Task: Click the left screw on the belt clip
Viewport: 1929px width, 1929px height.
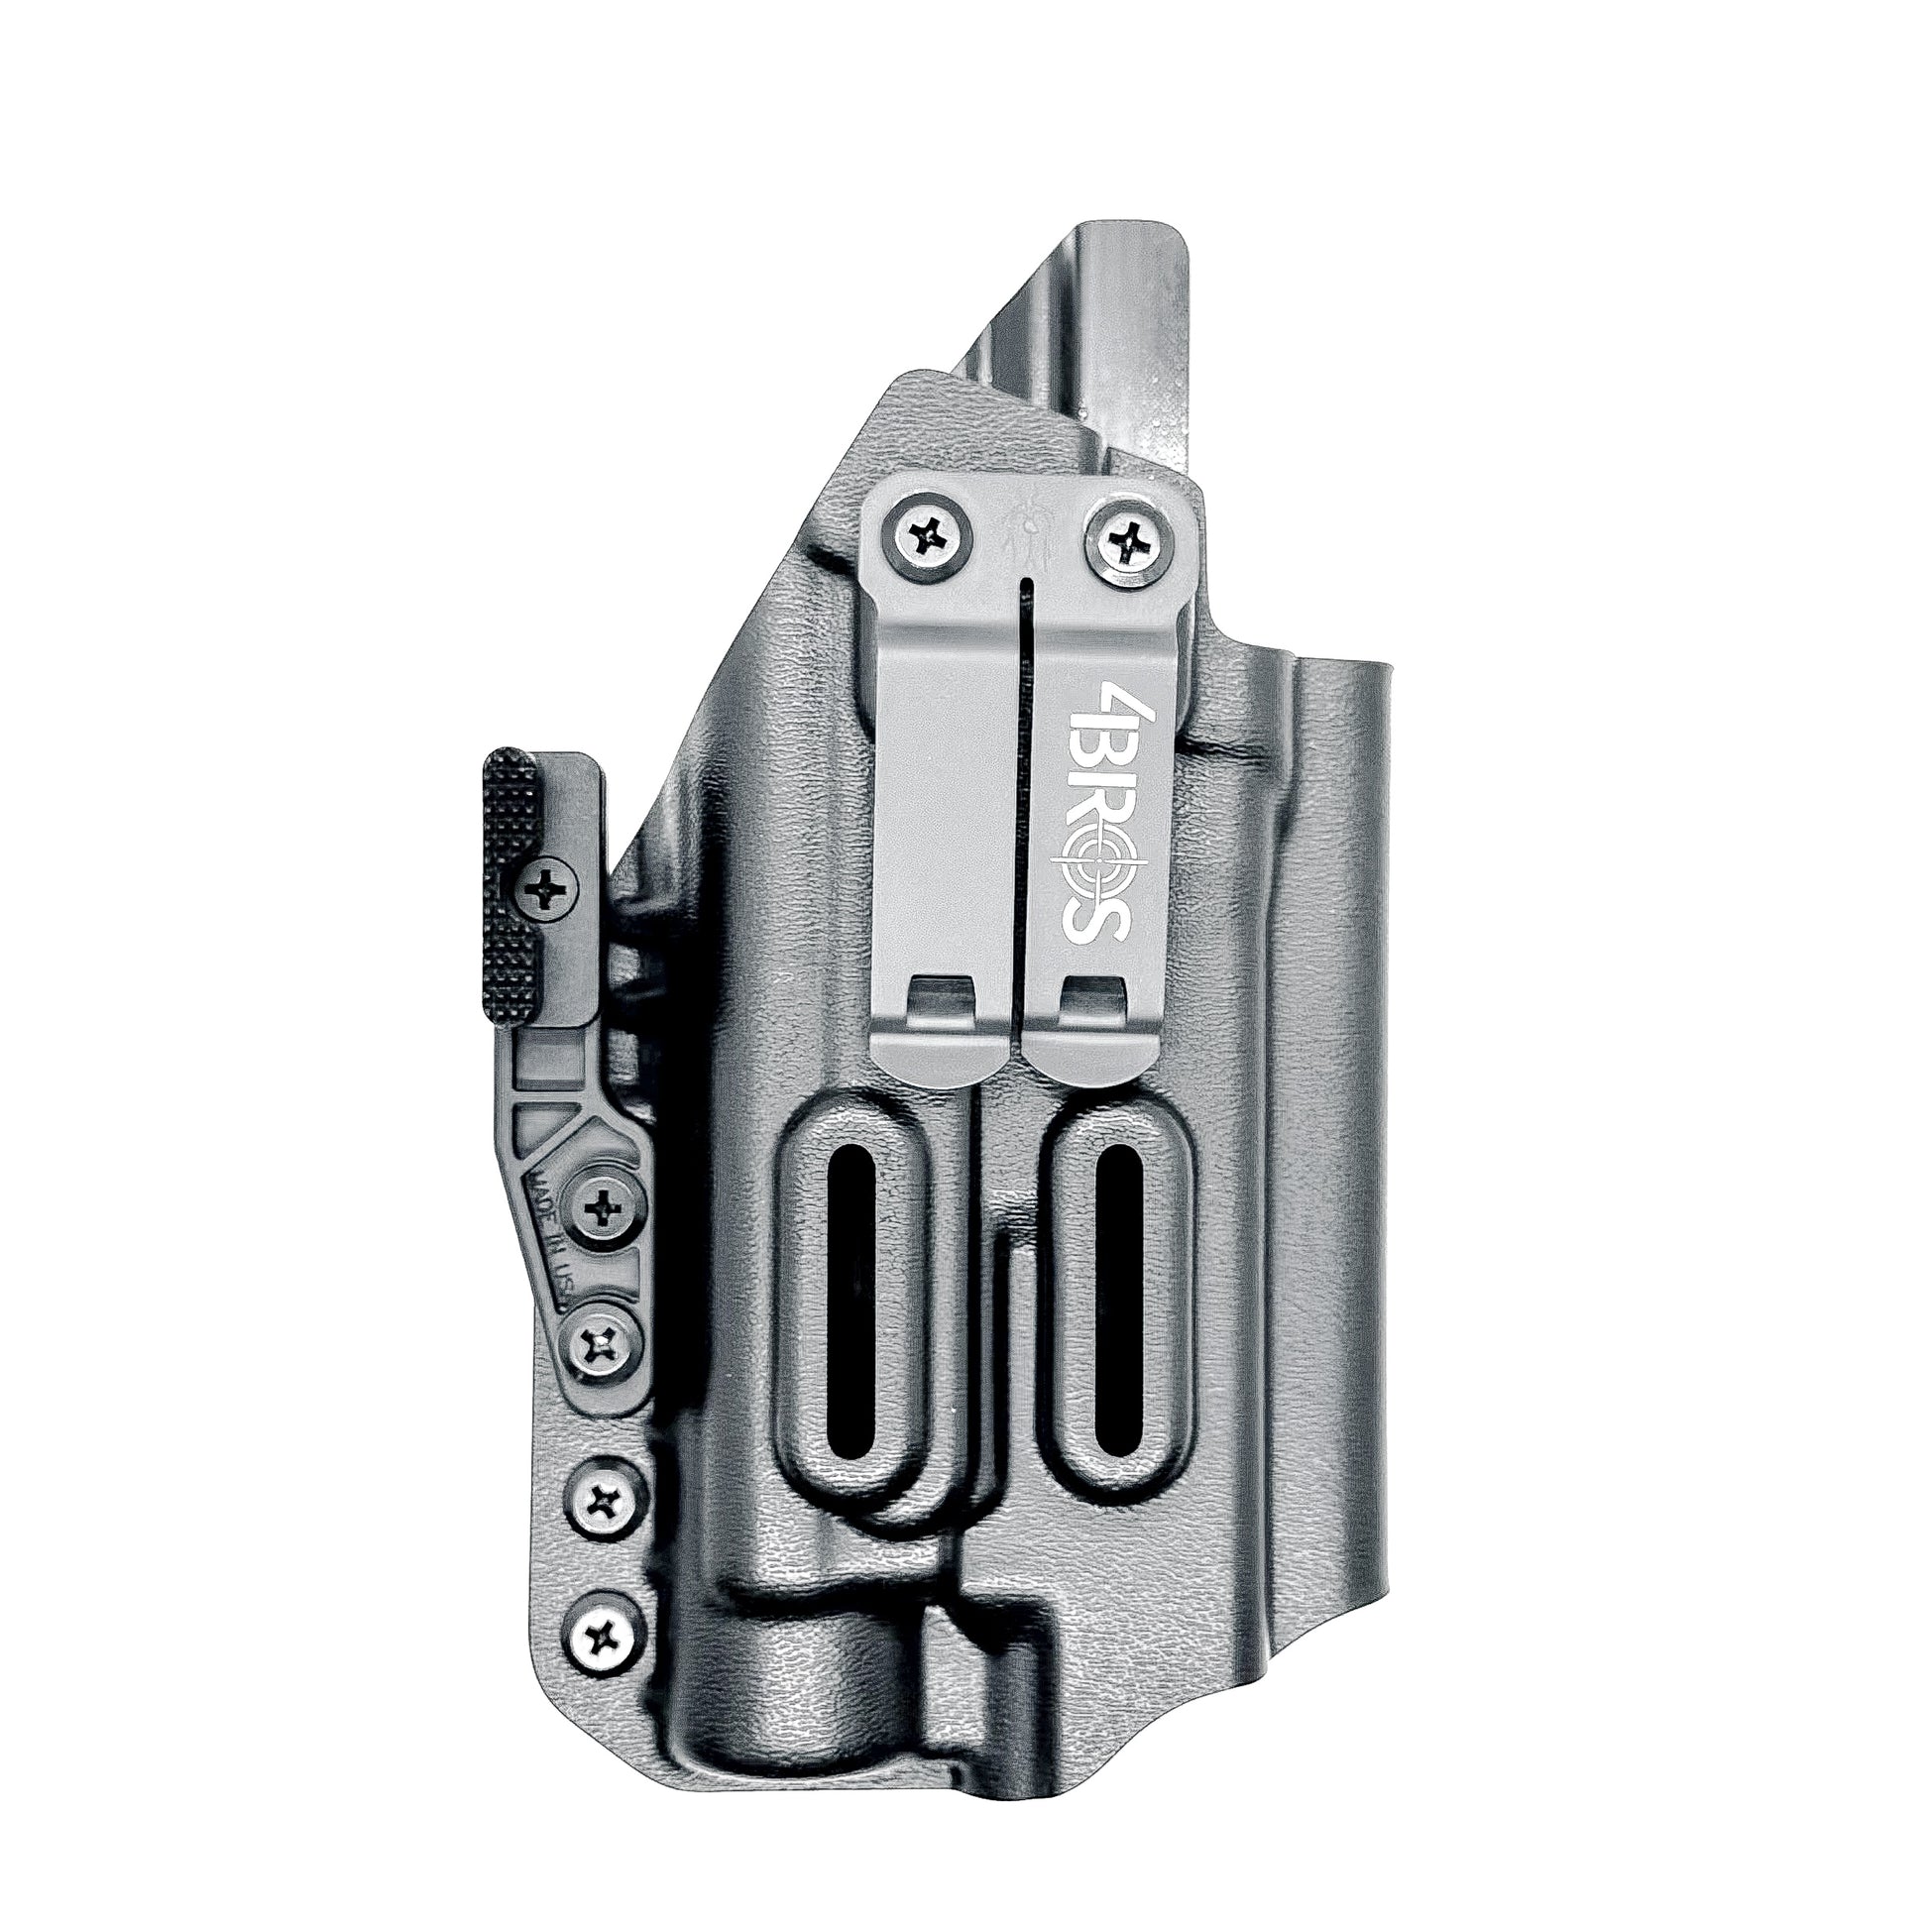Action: (x=927, y=538)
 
